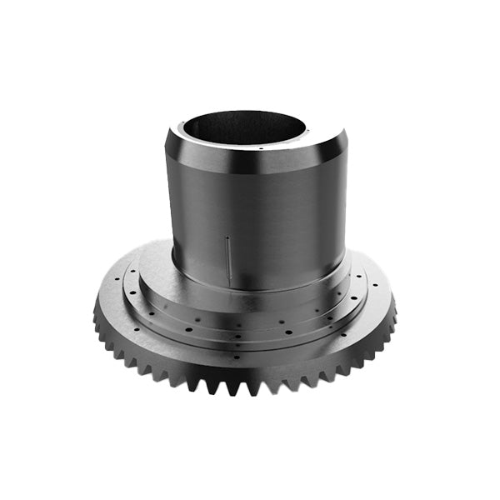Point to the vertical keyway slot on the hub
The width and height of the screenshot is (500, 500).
[228, 257]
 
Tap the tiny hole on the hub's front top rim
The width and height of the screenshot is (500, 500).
[261, 148]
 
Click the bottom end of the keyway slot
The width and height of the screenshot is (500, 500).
[229, 277]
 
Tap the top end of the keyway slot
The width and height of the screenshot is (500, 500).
[227, 237]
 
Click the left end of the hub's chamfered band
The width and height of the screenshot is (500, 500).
[170, 150]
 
